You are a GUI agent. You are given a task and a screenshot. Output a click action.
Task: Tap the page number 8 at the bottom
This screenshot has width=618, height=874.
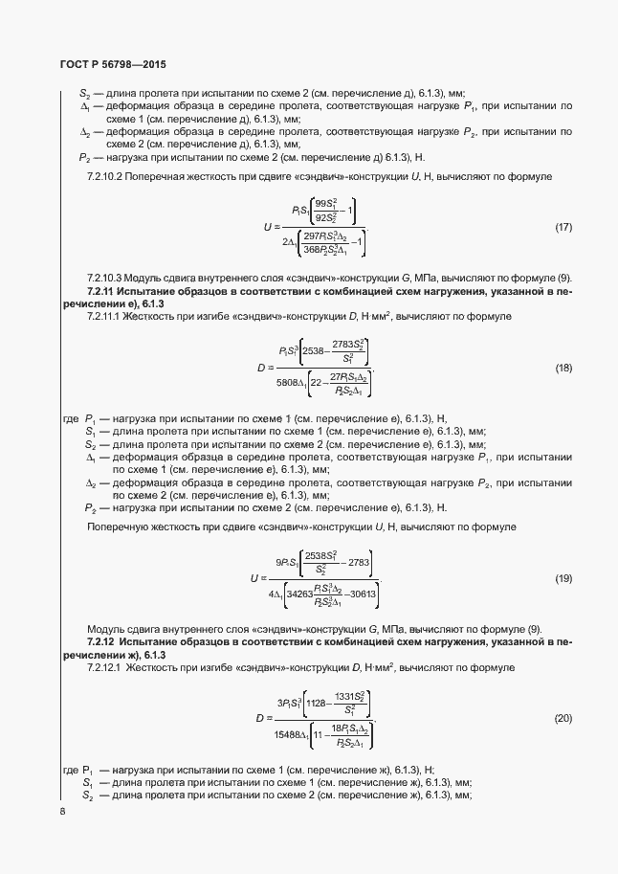click(61, 812)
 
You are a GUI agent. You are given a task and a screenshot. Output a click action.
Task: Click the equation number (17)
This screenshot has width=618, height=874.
click(563, 228)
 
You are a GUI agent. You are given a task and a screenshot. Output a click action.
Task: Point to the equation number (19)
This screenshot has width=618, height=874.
click(563, 578)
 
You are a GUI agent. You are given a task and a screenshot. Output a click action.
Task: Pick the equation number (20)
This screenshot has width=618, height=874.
click(563, 718)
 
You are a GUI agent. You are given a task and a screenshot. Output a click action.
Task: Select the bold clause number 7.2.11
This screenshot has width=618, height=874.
click(101, 289)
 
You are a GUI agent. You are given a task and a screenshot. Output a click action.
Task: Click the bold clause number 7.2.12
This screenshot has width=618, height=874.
click(101, 640)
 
